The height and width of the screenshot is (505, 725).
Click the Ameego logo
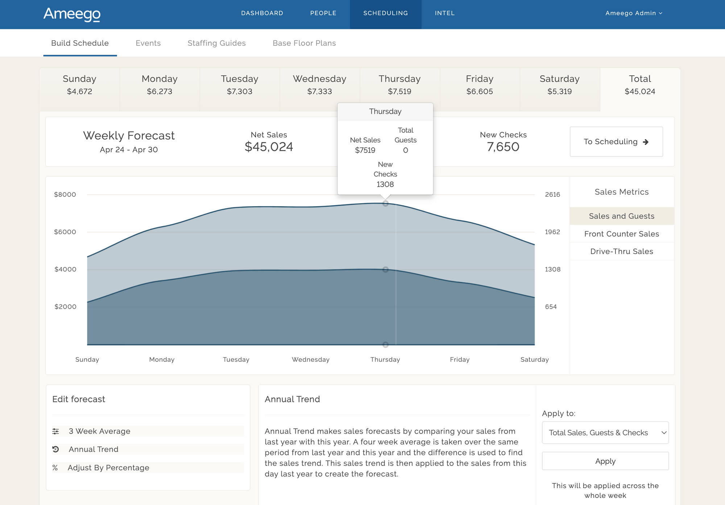click(x=72, y=14)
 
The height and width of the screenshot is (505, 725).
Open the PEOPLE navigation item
click(x=323, y=13)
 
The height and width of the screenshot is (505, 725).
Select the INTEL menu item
click(x=444, y=13)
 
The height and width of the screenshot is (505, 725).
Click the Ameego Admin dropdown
click(x=634, y=13)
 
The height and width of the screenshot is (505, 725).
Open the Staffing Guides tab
click(x=216, y=43)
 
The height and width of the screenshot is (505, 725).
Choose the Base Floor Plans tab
click(x=304, y=43)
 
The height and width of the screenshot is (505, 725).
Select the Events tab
click(x=148, y=43)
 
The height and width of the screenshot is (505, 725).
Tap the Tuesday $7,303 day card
click(x=240, y=85)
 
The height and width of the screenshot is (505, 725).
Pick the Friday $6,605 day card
click(x=480, y=85)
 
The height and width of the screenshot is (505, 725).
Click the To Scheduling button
click(x=616, y=142)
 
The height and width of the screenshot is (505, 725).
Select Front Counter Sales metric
click(x=621, y=234)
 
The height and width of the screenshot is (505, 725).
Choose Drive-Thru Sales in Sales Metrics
click(x=621, y=251)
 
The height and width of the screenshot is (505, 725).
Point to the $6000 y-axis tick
click(x=65, y=232)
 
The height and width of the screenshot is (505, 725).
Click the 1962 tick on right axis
click(x=552, y=232)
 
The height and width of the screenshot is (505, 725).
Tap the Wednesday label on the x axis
click(x=311, y=359)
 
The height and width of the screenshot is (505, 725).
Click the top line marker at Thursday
click(x=385, y=204)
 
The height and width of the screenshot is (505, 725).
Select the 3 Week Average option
click(x=99, y=431)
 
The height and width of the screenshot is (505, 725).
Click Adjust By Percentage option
click(x=108, y=468)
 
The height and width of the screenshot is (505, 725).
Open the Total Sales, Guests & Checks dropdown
click(x=605, y=433)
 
